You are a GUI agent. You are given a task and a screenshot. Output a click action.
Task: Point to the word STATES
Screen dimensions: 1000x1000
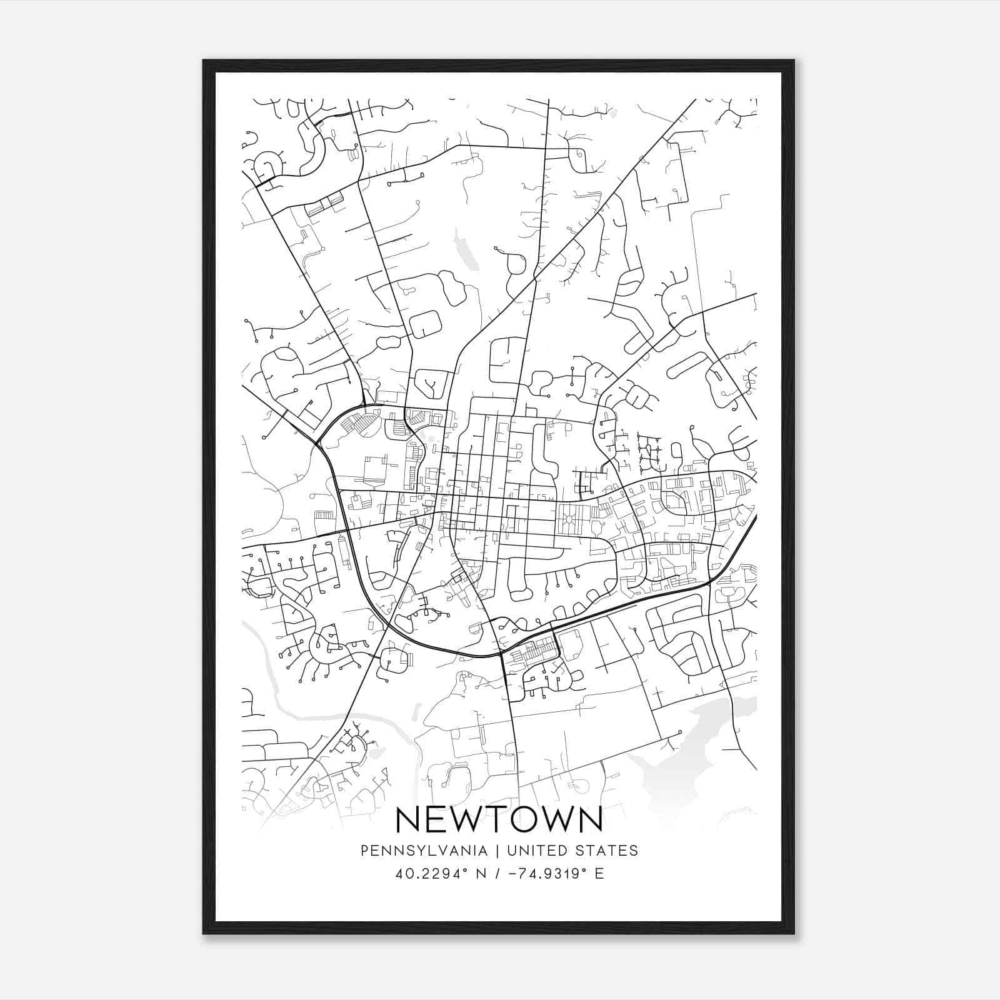pyautogui.click(x=606, y=851)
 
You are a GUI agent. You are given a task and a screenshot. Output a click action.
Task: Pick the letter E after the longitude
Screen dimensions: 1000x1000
pyautogui.click(x=599, y=873)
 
